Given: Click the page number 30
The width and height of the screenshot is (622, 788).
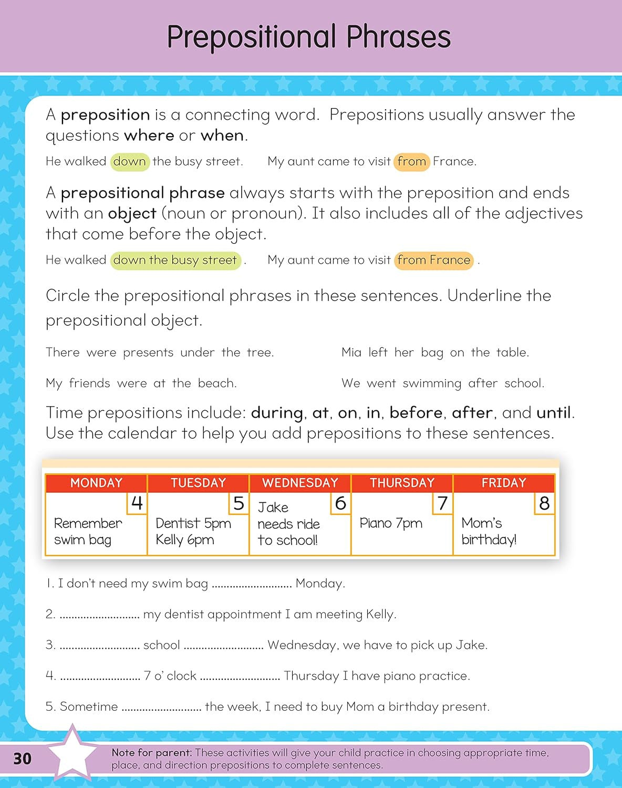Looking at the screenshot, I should pos(22,758).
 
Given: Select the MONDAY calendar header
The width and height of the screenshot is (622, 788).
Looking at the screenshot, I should pos(96,483).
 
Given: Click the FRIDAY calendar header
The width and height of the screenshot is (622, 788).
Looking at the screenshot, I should pos(504,483).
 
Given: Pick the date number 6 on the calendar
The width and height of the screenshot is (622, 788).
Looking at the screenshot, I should pos(340,503).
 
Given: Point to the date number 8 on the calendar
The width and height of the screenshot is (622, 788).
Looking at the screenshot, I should pos(544,503).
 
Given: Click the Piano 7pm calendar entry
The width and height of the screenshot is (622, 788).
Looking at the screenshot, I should pos(391,523).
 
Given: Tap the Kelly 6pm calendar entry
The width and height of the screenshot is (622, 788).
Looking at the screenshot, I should pos(185,540).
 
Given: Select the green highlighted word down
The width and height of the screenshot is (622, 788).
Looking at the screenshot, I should pos(130,161).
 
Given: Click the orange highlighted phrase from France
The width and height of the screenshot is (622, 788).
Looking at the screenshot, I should pos(434,260).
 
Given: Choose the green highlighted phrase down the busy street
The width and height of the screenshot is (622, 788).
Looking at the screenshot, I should pos(175,260).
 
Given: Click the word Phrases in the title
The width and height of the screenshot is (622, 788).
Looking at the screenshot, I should pos(398,37).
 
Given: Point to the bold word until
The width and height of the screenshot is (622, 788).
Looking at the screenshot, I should pos(554,413).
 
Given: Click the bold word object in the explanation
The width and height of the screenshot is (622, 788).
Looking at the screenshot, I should pos(132,214).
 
